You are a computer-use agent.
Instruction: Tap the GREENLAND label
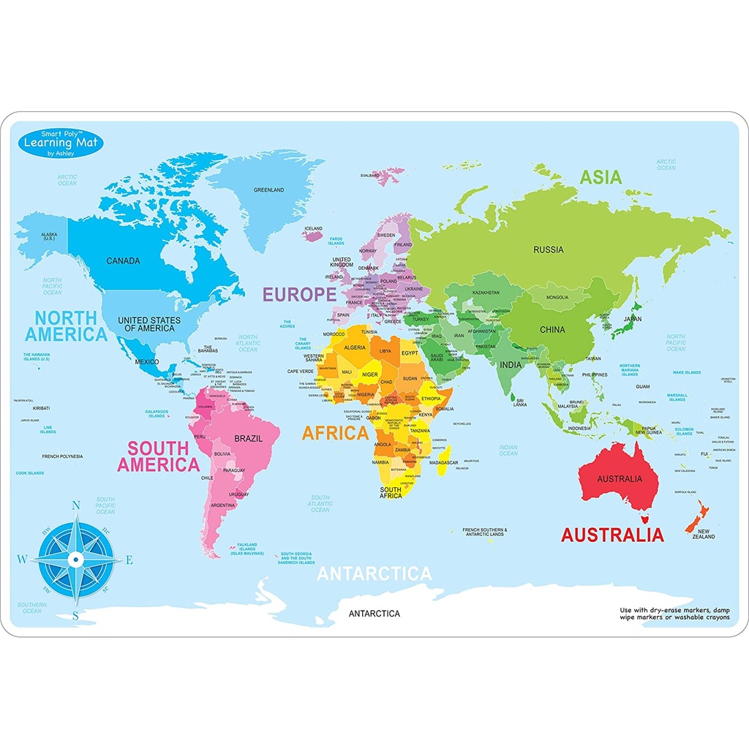268,190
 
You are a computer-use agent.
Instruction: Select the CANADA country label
123,260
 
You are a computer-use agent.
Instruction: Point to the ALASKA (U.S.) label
48,237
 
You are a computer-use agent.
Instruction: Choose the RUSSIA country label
548,249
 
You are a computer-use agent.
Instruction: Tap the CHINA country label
552,330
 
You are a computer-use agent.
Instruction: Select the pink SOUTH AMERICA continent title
158,456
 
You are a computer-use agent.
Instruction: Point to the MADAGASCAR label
443,463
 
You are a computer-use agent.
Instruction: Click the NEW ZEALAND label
705,534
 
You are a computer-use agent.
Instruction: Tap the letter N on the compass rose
75,505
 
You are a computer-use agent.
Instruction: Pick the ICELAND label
312,228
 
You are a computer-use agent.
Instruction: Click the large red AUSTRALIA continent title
611,535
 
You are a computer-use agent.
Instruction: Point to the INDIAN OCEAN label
508,451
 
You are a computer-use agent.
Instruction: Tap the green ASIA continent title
601,177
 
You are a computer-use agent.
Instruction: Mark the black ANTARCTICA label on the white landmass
374,614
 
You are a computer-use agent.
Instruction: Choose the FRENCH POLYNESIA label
62,456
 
